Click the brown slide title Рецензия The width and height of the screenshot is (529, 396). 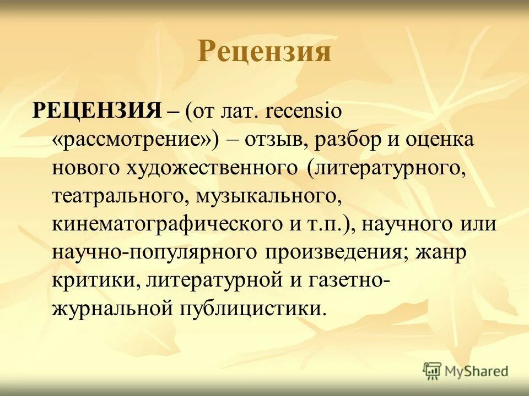264,52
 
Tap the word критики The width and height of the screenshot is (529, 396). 96,281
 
